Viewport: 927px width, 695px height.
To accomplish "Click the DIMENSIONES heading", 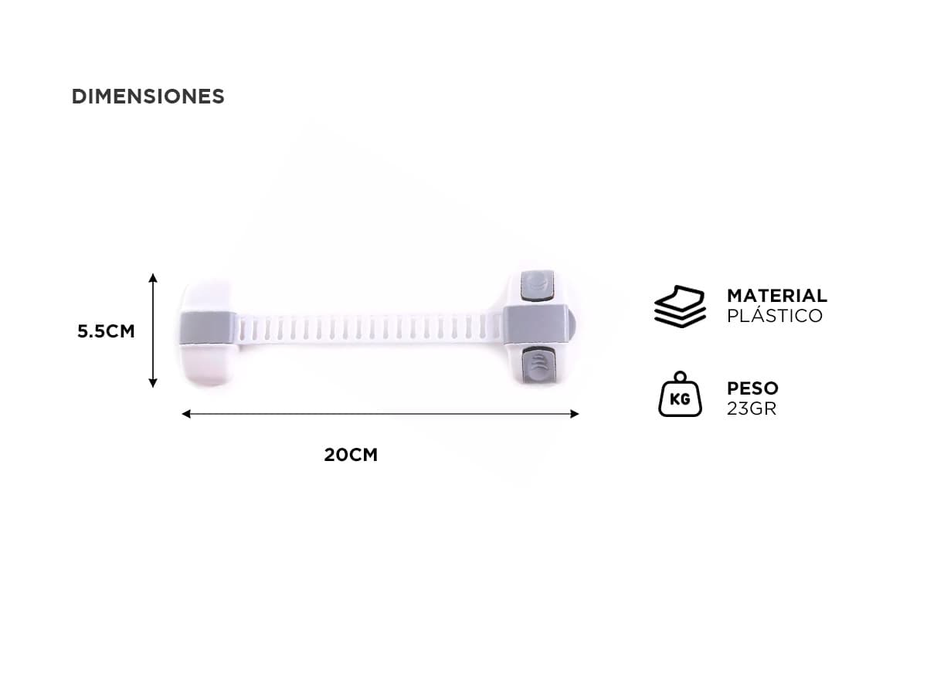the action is pos(148,97).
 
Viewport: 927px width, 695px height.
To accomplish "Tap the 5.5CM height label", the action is pos(106,331).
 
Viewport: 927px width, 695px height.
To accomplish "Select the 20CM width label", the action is pos(351,455).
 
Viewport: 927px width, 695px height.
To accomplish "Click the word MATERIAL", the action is pos(776,296).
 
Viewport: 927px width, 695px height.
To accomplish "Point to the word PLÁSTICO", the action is pos(775,316).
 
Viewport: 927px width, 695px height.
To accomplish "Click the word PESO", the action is pos(752,388).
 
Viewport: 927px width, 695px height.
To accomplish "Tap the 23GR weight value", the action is pos(752,409).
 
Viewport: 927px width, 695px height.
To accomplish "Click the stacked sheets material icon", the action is pos(680,307).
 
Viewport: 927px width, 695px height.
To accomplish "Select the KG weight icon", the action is pos(680,394).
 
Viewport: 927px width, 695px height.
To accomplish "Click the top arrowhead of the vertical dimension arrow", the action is pos(153,277).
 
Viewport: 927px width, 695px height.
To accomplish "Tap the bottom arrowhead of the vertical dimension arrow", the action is pos(153,383).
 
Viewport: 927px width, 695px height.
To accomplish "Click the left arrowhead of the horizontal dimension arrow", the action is pos(186,414).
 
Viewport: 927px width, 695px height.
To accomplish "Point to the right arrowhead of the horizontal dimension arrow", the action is pos(575,414).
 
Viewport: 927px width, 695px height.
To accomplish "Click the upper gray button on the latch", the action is pos(537,286).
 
